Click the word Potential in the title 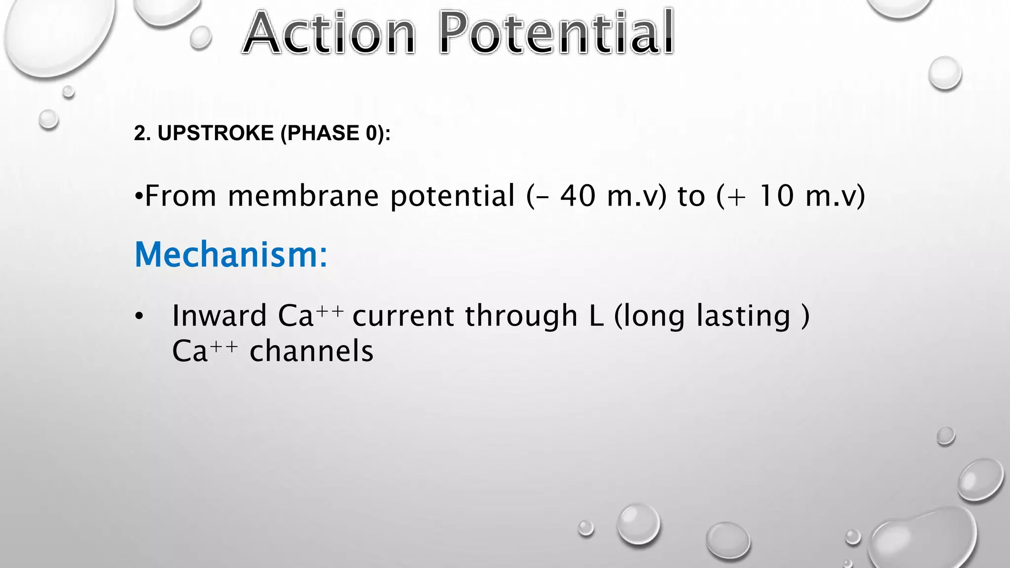click(556, 34)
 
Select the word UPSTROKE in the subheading click(216, 133)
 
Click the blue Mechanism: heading click(231, 255)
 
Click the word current click(403, 316)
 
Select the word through click(521, 316)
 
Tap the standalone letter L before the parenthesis click(596, 316)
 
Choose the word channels click(312, 352)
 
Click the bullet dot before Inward click(140, 317)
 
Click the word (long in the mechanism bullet click(649, 317)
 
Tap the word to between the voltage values click(691, 196)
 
